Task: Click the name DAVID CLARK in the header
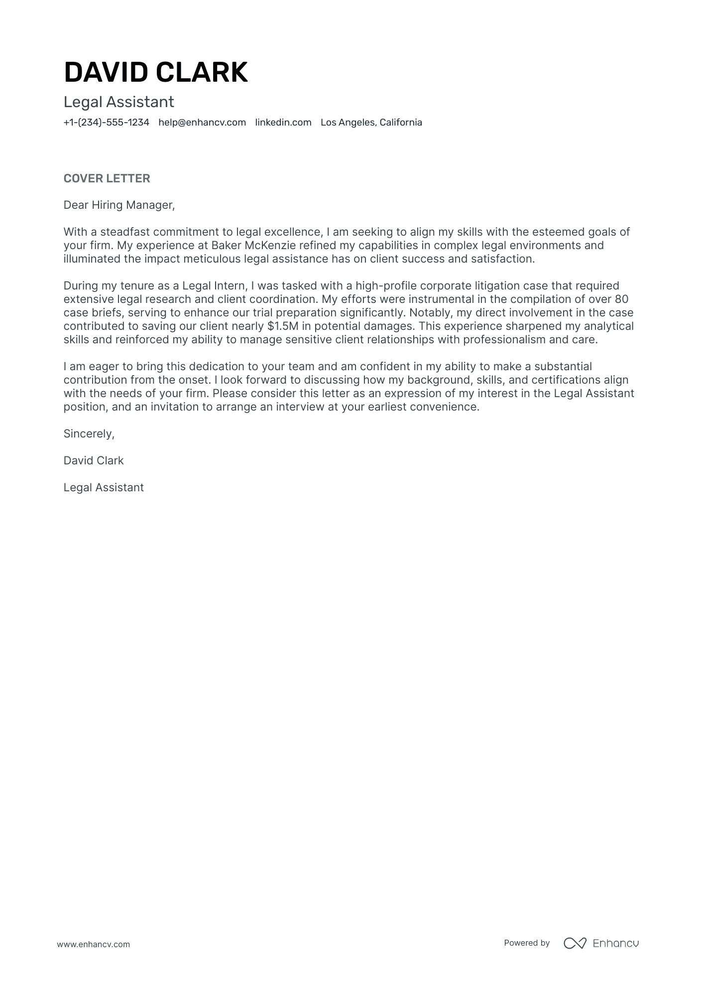[x=155, y=72]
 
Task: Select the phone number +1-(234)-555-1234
[x=106, y=123]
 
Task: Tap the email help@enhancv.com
[x=202, y=123]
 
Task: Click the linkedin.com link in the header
[x=283, y=123]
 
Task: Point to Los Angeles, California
[x=371, y=123]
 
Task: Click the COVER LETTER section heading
[x=107, y=178]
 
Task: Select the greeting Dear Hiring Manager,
[x=119, y=205]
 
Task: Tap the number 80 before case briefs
[x=621, y=299]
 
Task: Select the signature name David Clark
[x=94, y=461]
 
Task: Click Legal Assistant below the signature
[x=104, y=488]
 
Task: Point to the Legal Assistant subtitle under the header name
[x=118, y=102]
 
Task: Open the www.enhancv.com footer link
[x=93, y=944]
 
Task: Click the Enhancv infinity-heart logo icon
[x=575, y=943]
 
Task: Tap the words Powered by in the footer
[x=527, y=943]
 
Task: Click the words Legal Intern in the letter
[x=214, y=286]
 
